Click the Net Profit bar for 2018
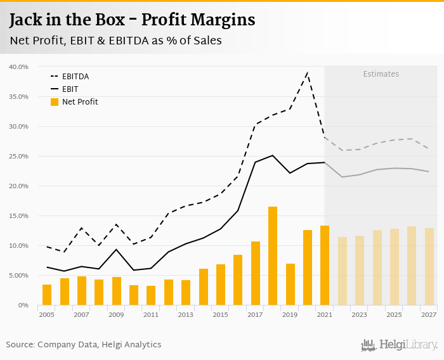point(273,256)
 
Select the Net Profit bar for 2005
point(47,295)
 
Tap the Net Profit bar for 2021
point(325,266)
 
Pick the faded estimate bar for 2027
point(429,267)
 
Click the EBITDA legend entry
point(75,77)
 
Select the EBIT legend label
point(70,89)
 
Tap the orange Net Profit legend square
point(55,102)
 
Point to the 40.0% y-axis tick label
point(18,67)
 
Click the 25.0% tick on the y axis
point(18,156)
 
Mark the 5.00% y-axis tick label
point(18,276)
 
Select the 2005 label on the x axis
point(46,314)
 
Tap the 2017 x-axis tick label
point(255,314)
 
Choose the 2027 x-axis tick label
point(429,314)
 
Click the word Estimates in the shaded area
point(381,74)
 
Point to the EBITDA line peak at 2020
point(307,74)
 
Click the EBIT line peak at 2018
point(273,155)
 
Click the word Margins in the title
point(219,20)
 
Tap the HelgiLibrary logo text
point(408,345)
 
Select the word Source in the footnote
point(20,345)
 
